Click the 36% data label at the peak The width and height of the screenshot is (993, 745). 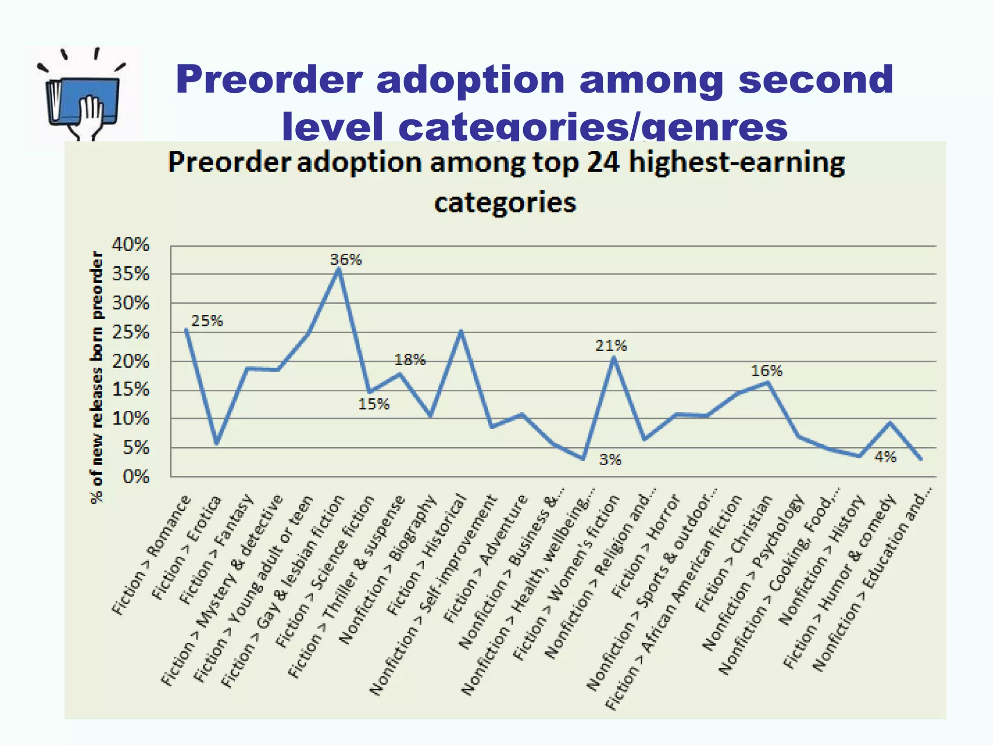coord(346,259)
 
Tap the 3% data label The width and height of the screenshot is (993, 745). coord(610,459)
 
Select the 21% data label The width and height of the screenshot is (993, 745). coord(611,346)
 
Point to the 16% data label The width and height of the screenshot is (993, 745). coord(767,371)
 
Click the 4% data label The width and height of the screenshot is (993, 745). coord(885,457)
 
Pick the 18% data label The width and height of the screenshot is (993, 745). coord(410,360)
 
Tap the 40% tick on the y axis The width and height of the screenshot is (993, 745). coord(131,245)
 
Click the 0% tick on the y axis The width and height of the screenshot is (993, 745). coord(136,477)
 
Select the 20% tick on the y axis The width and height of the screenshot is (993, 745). coord(131,361)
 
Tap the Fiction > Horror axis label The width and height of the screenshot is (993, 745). coord(647,546)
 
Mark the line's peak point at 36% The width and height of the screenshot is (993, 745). coord(339,269)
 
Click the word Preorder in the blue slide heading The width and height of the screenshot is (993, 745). coord(269,80)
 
